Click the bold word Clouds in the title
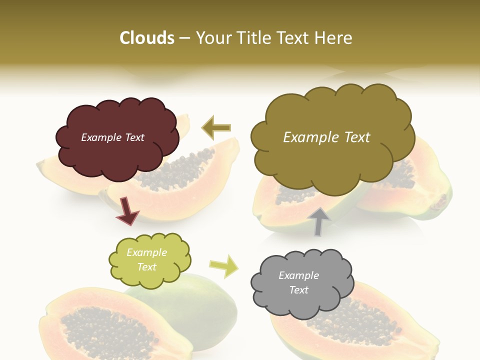pos(146,38)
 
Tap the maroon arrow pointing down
pos(127,210)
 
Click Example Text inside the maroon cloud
pos(112,137)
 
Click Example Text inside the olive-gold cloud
pos(326,137)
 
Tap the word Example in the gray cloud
pos(298,275)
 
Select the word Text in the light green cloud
pos(146,267)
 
